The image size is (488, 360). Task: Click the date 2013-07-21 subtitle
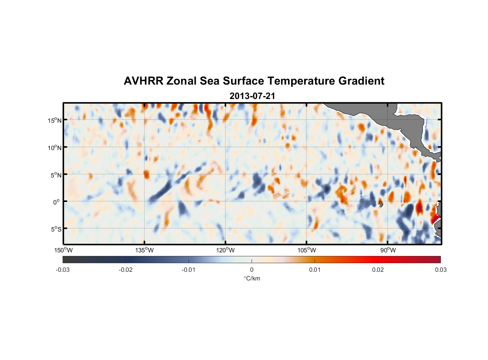[x=252, y=96]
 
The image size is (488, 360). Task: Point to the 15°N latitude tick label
[x=54, y=120]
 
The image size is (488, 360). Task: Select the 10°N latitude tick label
[x=54, y=148]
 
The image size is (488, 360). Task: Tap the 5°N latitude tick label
[x=56, y=175]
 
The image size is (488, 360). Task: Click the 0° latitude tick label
[x=57, y=202]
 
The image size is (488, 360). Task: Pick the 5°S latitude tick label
[x=56, y=229]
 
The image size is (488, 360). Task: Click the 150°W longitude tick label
[x=63, y=250]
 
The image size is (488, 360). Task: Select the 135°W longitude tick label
[x=144, y=250]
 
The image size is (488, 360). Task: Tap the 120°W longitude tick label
[x=225, y=250]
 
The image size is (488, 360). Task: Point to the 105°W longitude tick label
[x=306, y=250]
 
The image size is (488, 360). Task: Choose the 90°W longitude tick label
[x=388, y=250]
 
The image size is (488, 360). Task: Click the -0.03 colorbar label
[x=63, y=270]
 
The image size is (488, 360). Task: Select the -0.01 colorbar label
[x=189, y=270]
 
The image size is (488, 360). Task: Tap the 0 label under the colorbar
[x=252, y=270]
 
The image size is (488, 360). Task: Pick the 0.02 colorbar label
[x=378, y=270]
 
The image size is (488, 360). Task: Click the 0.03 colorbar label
[x=440, y=270]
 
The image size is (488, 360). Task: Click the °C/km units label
[x=252, y=278]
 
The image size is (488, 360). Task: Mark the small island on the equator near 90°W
[x=381, y=204]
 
